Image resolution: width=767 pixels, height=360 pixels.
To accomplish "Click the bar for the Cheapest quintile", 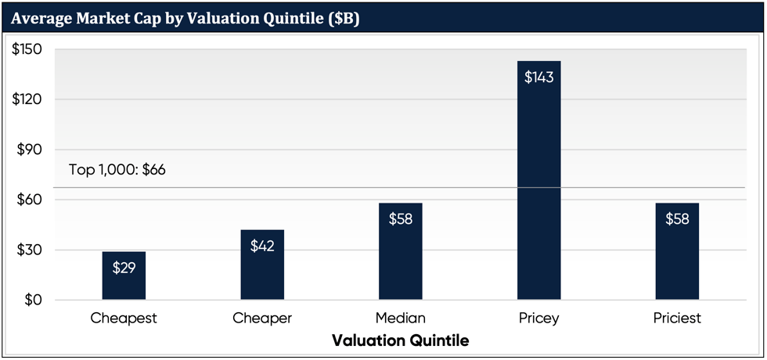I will pyautogui.click(x=124, y=275).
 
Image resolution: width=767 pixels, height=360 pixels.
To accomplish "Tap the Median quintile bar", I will pyautogui.click(x=400, y=251).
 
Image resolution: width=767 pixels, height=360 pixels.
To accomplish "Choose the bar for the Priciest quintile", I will pyautogui.click(x=677, y=251).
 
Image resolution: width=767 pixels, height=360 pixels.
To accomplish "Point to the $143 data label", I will pyautogui.click(x=538, y=77).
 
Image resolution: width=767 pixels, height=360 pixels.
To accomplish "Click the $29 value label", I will pyautogui.click(x=124, y=268).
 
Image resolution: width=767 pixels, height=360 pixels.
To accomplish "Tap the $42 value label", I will pyautogui.click(x=262, y=246).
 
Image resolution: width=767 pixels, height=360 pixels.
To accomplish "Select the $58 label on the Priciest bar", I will pyautogui.click(x=677, y=219).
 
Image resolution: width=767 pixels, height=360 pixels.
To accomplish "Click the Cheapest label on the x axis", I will pyautogui.click(x=124, y=319).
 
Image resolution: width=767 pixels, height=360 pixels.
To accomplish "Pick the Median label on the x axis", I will pyautogui.click(x=400, y=319).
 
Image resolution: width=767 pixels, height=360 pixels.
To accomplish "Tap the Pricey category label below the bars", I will pyautogui.click(x=538, y=319).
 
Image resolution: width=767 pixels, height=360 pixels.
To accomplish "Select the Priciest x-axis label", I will pyautogui.click(x=677, y=319).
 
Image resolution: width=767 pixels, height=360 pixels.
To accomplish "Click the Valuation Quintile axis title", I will pyautogui.click(x=400, y=341).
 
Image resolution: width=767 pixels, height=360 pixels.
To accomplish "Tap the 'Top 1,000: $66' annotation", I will pyautogui.click(x=117, y=170).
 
